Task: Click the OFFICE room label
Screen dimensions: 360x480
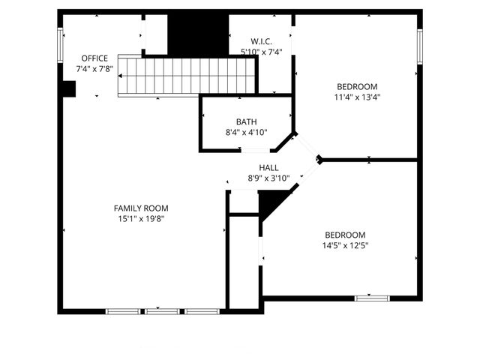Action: coord(94,58)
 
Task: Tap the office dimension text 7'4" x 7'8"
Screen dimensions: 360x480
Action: coord(94,69)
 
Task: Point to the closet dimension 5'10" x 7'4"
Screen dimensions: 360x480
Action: coord(260,52)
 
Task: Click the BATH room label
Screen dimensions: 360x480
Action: coord(246,121)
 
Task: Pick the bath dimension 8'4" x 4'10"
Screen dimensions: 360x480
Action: coord(246,132)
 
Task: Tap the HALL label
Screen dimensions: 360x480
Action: coord(268,168)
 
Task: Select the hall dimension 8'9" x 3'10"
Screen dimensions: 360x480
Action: coord(268,178)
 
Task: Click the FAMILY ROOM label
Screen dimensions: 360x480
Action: coord(141,208)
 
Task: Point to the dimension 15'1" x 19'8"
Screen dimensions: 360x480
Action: coord(141,219)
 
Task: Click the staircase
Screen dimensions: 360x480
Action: coord(187,77)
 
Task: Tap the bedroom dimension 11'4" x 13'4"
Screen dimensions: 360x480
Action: coord(357,96)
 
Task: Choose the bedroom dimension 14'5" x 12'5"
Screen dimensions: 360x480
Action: coord(345,244)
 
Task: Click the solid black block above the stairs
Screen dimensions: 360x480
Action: coord(197,34)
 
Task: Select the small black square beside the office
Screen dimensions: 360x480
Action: coord(67,89)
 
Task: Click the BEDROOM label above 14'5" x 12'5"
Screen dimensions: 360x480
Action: coord(345,234)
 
